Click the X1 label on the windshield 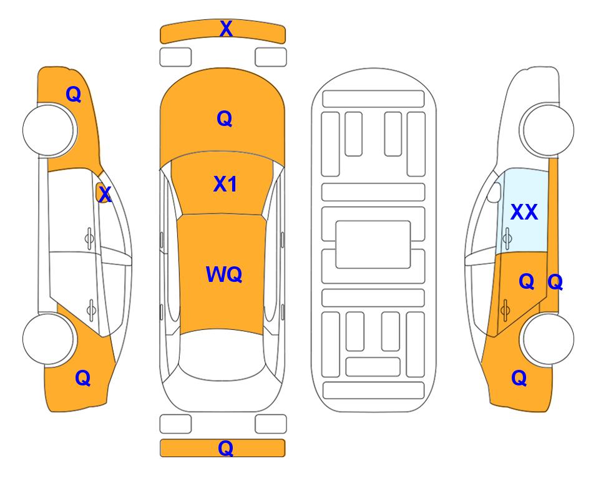pyautogui.click(x=225, y=184)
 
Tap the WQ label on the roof pyautogui.click(x=224, y=274)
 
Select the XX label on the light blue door pyautogui.click(x=524, y=212)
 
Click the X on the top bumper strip pyautogui.click(x=226, y=29)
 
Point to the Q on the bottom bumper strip pyautogui.click(x=225, y=448)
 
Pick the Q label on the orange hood pyautogui.click(x=224, y=119)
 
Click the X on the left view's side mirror pyautogui.click(x=105, y=195)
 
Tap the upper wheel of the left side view pyautogui.click(x=49, y=130)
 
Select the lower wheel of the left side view pyautogui.click(x=49, y=339)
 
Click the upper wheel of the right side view pyautogui.click(x=547, y=130)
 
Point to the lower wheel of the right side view pyautogui.click(x=547, y=339)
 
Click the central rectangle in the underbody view pyautogui.click(x=373, y=244)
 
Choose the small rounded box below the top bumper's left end pyautogui.click(x=175, y=57)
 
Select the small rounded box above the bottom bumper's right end pyautogui.click(x=271, y=424)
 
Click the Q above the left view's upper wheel pyautogui.click(x=73, y=94)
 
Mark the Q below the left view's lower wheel pyautogui.click(x=83, y=378)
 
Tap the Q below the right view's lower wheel pyautogui.click(x=519, y=378)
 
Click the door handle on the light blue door pyautogui.click(x=507, y=238)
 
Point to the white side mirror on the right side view pyautogui.click(x=494, y=192)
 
